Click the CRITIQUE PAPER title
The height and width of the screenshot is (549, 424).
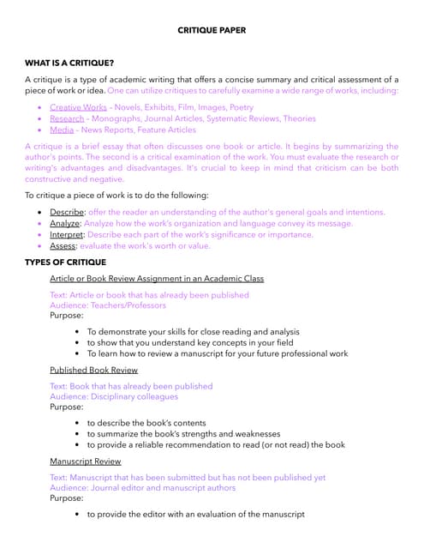pos(212,30)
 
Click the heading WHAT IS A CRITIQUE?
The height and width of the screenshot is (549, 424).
pos(70,63)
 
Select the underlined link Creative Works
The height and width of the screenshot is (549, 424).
pos(78,107)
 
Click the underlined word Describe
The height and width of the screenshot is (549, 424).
pos(67,212)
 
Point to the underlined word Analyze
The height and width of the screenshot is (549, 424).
pos(65,223)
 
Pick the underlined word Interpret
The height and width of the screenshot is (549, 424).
pos(68,234)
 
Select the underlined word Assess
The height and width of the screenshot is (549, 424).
pos(64,245)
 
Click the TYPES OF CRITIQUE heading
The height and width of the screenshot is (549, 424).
pos(66,262)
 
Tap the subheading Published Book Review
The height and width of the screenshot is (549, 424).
pos(93,370)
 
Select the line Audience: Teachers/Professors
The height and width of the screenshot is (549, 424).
pos(108,305)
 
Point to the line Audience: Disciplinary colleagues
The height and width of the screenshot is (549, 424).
pos(114,396)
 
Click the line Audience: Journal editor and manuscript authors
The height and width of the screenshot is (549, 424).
pos(142,487)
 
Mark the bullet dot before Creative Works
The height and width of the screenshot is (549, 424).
pos(39,107)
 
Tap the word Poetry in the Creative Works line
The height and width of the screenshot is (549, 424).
pos(242,107)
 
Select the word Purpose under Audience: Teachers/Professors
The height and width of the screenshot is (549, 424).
pos(67,315)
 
